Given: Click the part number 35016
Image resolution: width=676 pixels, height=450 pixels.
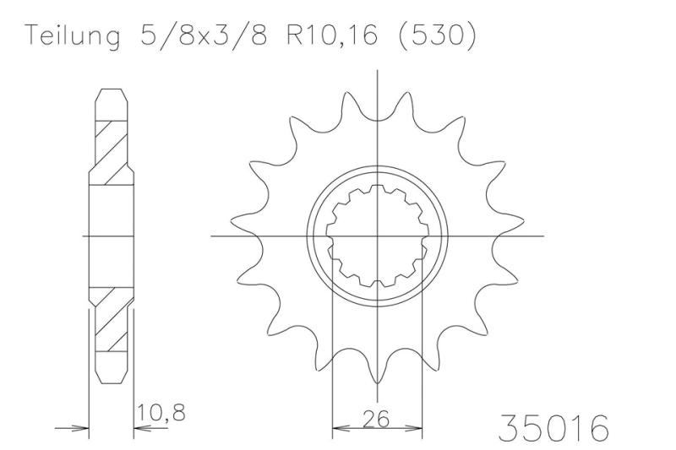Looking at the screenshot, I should tap(553, 428).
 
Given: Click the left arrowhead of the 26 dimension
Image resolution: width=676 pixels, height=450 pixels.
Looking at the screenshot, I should tap(340, 426).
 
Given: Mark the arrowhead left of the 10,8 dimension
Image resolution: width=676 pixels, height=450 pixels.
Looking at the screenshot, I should tap(82, 427).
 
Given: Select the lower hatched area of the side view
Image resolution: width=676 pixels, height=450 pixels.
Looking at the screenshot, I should tap(109, 321).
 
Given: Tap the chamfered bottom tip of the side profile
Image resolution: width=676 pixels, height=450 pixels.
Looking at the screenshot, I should tap(110, 382).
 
